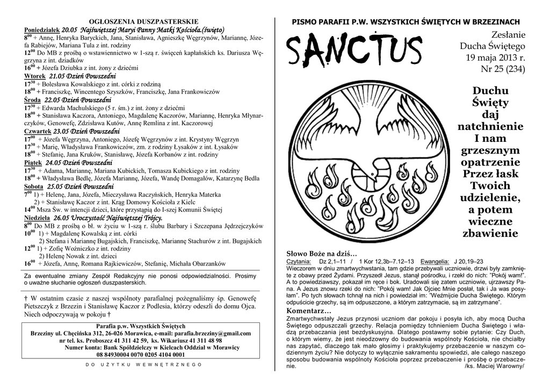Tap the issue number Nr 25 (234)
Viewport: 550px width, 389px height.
pyautogui.click(x=502, y=69)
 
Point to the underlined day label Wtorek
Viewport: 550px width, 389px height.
pyautogui.click(x=35, y=76)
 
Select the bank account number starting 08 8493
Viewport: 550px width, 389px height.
pyautogui.click(x=141, y=355)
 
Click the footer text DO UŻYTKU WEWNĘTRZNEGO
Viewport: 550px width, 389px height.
pyautogui.click(x=143, y=365)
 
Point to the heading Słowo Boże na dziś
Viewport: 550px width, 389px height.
pyautogui.click(x=322, y=253)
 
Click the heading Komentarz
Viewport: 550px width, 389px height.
pyautogui.click(x=309, y=311)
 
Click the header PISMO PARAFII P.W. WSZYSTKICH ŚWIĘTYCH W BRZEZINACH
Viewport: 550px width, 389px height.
pyautogui.click(x=406, y=21)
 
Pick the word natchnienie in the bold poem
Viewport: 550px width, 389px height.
pyautogui.click(x=490, y=127)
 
